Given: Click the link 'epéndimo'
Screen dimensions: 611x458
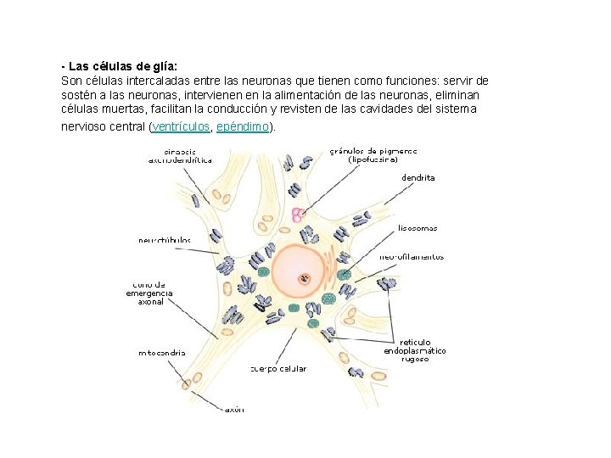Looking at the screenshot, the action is point(243,126).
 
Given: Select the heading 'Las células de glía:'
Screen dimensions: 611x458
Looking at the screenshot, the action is point(122,66).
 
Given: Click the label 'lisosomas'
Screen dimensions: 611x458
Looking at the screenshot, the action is point(418,227).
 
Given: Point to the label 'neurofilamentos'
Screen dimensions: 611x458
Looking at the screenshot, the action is point(412,256).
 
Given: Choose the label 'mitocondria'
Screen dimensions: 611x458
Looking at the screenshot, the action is point(163,352).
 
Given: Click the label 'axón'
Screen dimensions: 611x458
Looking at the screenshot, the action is point(234,409).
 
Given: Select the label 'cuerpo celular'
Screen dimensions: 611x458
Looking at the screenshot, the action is point(279,369).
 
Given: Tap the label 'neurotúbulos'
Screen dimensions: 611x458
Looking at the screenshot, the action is point(165,240).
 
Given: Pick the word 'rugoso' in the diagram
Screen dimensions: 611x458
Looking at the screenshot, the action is point(415,359).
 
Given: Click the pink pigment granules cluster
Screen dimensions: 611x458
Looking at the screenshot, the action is point(297,215).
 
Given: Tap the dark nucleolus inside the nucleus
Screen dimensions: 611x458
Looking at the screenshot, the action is point(303,277).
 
